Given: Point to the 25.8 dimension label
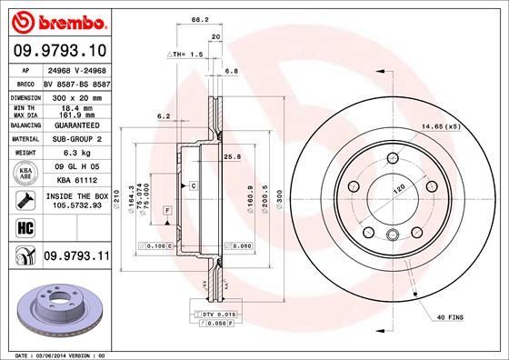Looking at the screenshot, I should (231, 156).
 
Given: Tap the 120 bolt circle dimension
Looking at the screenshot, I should (396, 192).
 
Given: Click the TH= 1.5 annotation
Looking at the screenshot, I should (189, 55).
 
